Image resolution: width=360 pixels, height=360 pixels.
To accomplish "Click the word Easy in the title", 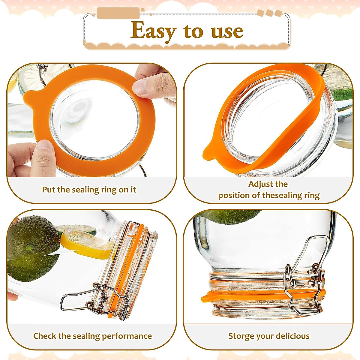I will (x=153, y=31).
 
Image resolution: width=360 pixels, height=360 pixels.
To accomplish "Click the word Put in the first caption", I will (x=48, y=190).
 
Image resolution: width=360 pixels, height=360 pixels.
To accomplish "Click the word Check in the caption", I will (x=44, y=336).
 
